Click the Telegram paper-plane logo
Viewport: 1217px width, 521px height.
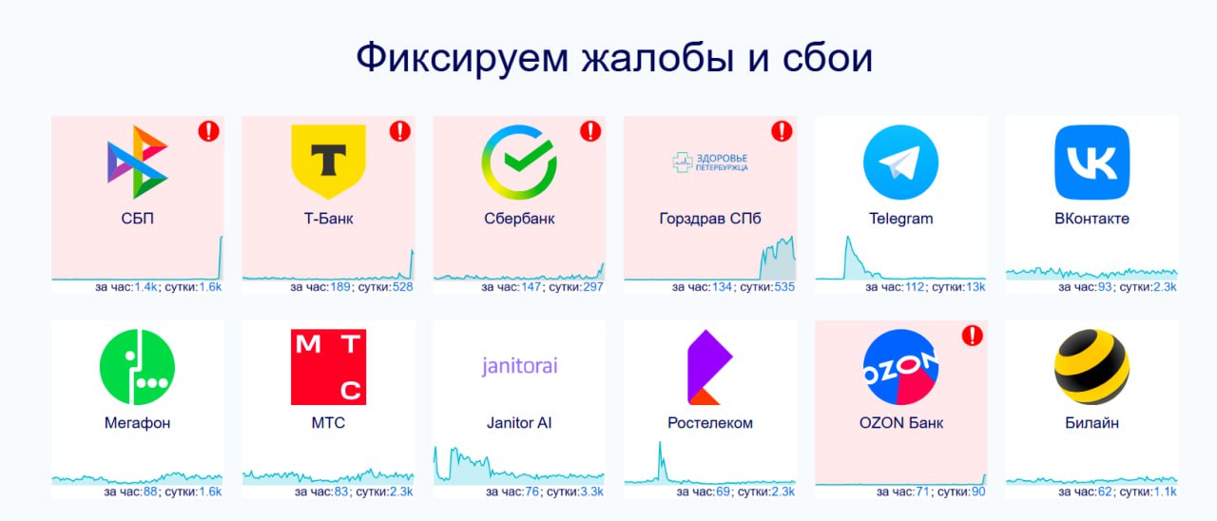tap(900, 162)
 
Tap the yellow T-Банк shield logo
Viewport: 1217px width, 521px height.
tap(328, 162)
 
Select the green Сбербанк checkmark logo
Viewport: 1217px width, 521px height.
tap(519, 162)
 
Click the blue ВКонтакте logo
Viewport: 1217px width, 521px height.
tap(1092, 162)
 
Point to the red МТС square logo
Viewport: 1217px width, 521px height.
tap(328, 367)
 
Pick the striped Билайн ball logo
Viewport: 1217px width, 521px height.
tap(1092, 367)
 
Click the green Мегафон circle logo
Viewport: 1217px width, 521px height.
tap(138, 367)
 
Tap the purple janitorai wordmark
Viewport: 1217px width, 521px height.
tap(519, 366)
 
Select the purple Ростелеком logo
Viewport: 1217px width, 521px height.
tap(709, 367)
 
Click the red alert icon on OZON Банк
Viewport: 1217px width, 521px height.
tap(972, 336)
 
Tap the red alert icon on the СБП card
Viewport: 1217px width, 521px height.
tap(208, 131)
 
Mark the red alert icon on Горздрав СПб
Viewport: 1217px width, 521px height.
tap(782, 131)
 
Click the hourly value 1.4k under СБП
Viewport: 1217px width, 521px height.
tap(145, 287)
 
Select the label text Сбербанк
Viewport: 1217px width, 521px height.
tap(519, 219)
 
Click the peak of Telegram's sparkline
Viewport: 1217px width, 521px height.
tap(847, 238)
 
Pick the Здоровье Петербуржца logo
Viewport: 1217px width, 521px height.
tap(709, 162)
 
